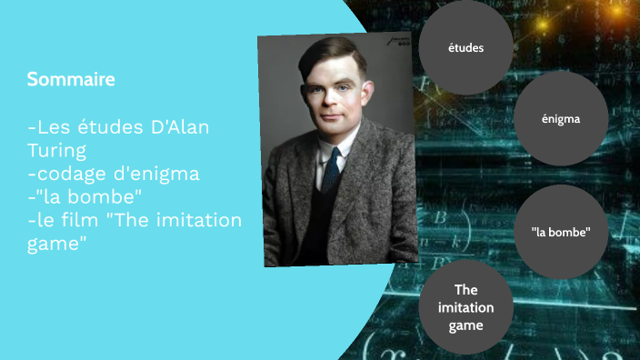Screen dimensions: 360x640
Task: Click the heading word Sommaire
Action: (71, 80)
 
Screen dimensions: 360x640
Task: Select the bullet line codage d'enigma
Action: (114, 173)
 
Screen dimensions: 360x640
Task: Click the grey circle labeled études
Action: (465, 47)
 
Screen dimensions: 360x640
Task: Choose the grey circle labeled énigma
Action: (560, 118)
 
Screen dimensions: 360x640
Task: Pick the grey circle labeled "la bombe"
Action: (561, 231)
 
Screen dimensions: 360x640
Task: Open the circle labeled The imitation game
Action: (465, 308)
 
